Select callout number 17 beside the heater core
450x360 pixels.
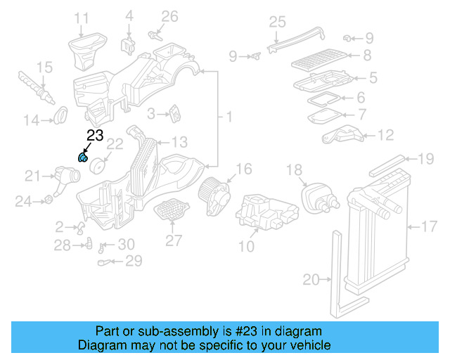(429, 226)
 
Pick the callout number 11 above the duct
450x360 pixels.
(82, 18)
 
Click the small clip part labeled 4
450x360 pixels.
(129, 44)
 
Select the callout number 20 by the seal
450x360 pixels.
(311, 280)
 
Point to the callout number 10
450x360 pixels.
(246, 246)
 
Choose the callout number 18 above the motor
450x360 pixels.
(294, 170)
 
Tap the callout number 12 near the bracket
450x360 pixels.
(386, 134)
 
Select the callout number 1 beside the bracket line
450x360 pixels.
(229, 115)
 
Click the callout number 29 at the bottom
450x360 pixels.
(134, 262)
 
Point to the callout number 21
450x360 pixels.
(33, 176)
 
